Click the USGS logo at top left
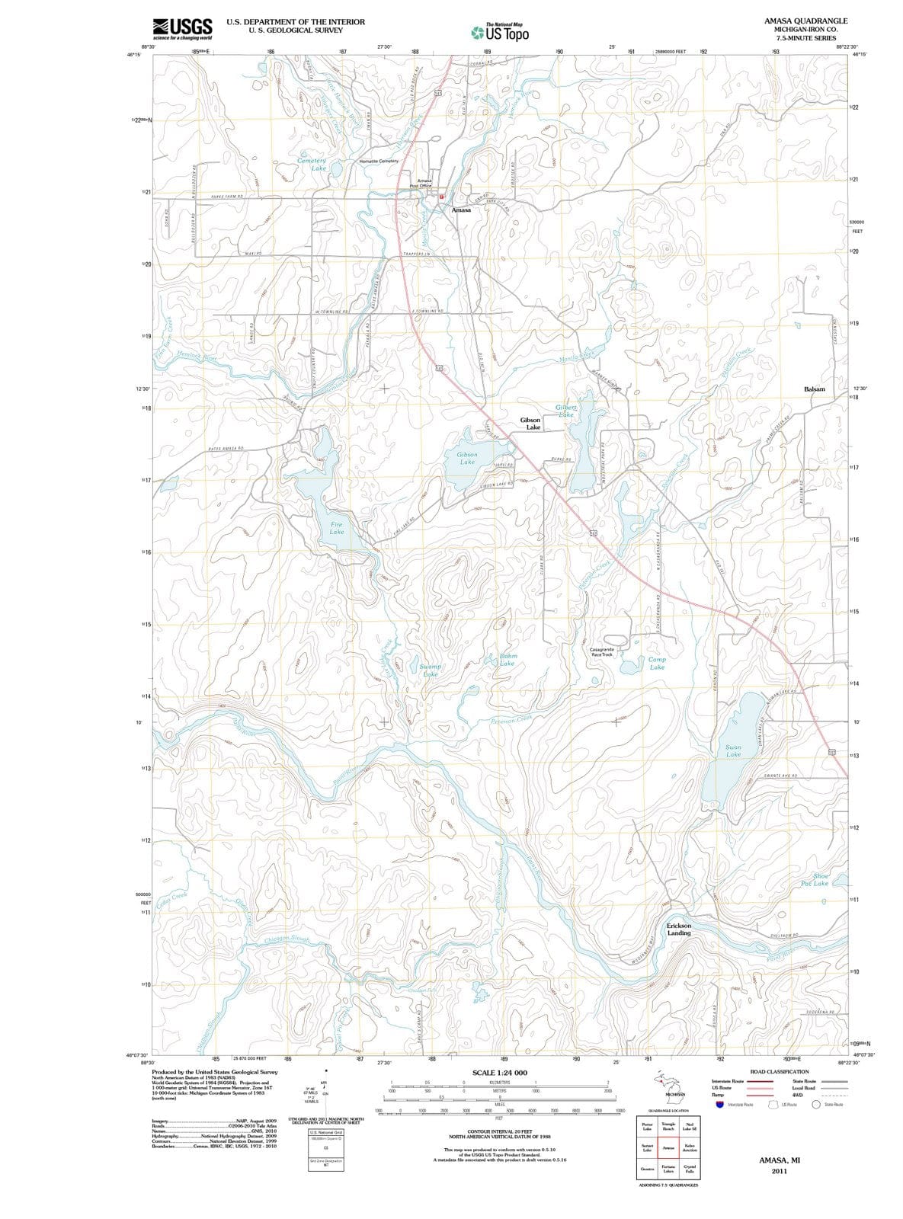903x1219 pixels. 182,28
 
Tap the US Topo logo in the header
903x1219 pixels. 499,33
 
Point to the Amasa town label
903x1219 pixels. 461,210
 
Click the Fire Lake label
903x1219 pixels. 336,528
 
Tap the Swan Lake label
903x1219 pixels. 733,750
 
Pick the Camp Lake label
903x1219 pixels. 657,663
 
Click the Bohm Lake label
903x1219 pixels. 508,659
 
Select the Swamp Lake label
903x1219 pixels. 431,670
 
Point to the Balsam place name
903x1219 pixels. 814,389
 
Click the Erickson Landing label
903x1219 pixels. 678,929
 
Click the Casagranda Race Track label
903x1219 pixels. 602,651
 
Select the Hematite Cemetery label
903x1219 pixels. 378,162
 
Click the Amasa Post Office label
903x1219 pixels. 421,183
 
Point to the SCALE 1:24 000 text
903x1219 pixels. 499,1073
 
